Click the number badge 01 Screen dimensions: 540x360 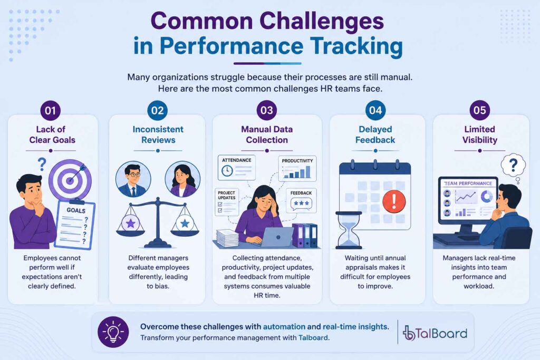tap(50, 111)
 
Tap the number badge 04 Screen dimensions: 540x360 tap(375, 111)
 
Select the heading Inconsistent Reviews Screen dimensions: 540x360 tap(158, 134)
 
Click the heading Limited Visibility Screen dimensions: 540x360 tap(480, 134)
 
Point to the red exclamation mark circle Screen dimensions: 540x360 tap(394, 201)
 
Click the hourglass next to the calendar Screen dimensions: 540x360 tap(349, 230)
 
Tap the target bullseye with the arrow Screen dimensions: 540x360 tap(70, 180)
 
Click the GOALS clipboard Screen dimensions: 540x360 tap(74, 224)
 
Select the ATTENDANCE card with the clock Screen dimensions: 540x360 tap(237, 167)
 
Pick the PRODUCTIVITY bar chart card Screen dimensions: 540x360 tap(297, 169)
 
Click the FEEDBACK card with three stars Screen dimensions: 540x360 tap(301, 200)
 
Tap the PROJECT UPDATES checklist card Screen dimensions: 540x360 tap(227, 202)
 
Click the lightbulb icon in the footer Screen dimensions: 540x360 tap(113, 332)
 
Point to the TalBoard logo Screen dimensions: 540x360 tap(435, 333)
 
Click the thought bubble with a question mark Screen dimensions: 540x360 tap(513, 166)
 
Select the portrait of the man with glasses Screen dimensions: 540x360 tap(133, 179)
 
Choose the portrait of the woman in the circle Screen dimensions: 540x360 tap(182, 179)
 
